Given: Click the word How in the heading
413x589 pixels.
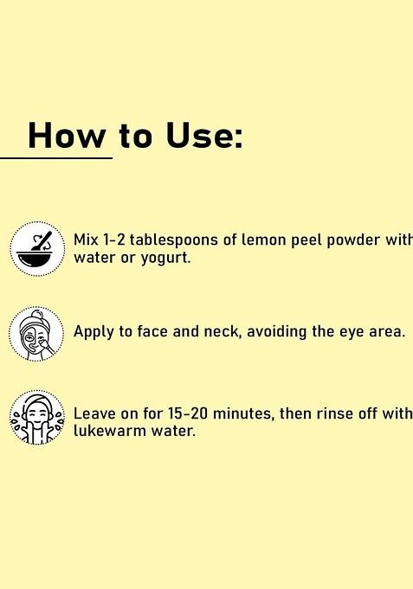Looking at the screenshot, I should [x=67, y=137].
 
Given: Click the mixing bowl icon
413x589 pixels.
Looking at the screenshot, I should [x=37, y=249].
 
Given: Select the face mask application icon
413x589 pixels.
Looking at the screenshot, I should [x=36, y=333].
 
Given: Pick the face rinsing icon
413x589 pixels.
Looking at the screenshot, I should [x=36, y=418].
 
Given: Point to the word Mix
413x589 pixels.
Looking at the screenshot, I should [x=86, y=240].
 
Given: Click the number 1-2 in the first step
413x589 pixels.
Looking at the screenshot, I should [x=113, y=240].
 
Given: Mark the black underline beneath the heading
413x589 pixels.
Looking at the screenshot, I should [x=56, y=158].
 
